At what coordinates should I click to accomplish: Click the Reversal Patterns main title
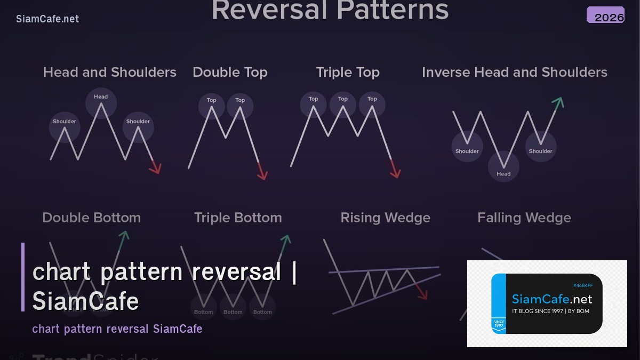(x=330, y=11)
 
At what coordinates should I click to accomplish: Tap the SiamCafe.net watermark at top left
(x=47, y=19)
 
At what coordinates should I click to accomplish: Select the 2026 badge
(x=606, y=15)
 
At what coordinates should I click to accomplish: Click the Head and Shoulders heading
(x=109, y=73)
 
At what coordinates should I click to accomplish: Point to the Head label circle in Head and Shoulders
(x=101, y=97)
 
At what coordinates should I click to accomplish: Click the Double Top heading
(x=230, y=73)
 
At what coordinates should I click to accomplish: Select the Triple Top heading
(x=348, y=73)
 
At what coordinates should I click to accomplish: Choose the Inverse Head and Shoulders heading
(x=514, y=73)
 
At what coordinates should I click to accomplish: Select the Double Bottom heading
(x=91, y=218)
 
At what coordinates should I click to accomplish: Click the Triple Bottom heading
(x=238, y=218)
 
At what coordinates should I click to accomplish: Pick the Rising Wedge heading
(x=385, y=218)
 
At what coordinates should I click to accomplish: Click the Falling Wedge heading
(x=524, y=218)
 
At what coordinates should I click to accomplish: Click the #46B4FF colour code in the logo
(x=582, y=285)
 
